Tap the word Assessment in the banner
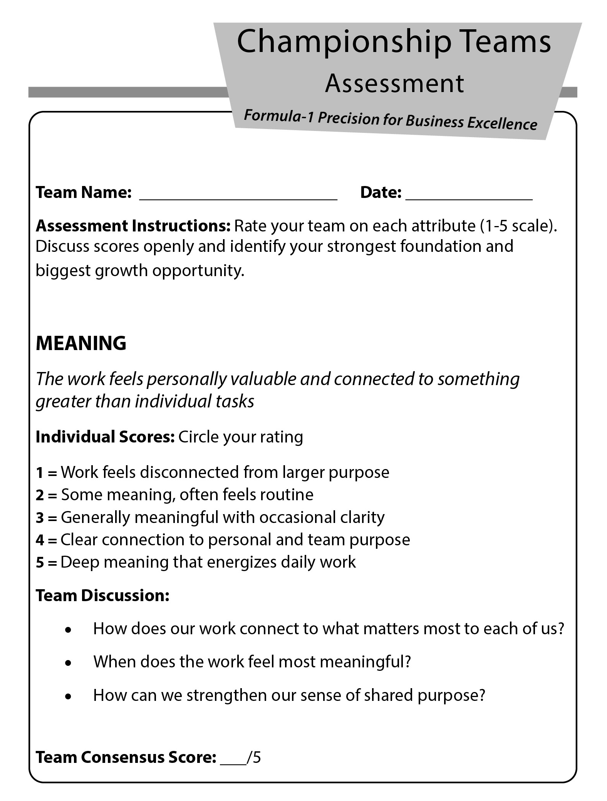[394, 84]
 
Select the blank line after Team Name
[238, 196]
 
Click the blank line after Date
[469, 196]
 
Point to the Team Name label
[84, 192]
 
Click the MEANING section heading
[81, 343]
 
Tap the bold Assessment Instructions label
[133, 226]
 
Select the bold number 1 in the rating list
[40, 473]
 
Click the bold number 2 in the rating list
[40, 495]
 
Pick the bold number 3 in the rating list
[40, 518]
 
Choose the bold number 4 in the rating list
[40, 540]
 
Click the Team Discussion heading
[102, 596]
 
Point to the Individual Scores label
[105, 437]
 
